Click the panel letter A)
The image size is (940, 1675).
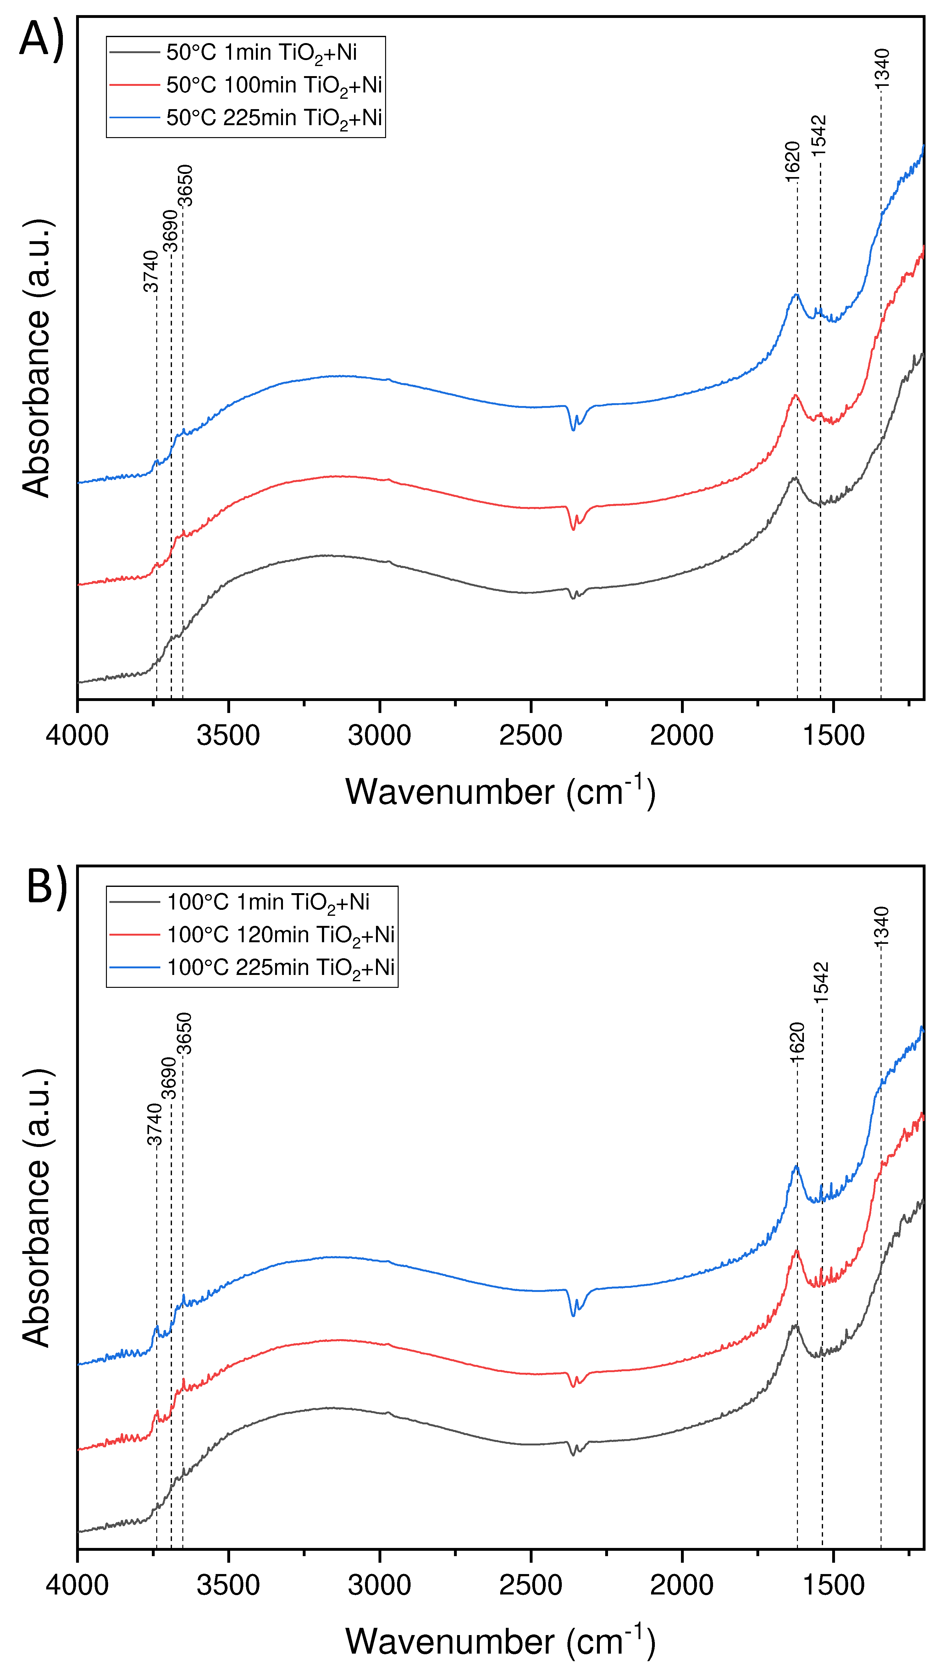click(x=42, y=39)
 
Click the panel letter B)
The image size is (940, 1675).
click(x=47, y=888)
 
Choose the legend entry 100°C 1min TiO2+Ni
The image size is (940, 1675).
click(x=268, y=903)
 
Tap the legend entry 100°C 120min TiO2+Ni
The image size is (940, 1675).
click(x=281, y=935)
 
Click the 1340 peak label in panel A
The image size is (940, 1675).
click(x=882, y=68)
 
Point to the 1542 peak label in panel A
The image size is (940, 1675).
click(x=819, y=135)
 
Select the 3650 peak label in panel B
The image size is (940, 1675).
click(x=185, y=1034)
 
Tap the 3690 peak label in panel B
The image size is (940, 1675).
click(x=169, y=1077)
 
